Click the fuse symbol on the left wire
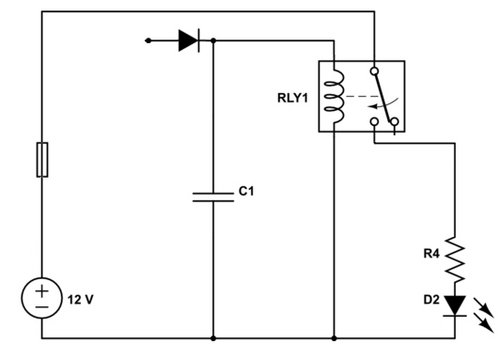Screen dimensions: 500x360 coord(42,159)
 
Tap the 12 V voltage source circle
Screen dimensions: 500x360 coord(42,298)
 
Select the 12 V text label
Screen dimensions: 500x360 coord(80,300)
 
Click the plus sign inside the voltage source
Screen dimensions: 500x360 coord(42,291)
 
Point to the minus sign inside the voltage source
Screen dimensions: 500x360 coord(42,307)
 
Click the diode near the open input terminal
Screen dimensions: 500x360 coord(189,41)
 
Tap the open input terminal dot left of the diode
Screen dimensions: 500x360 coord(149,41)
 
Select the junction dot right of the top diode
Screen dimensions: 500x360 coord(214,41)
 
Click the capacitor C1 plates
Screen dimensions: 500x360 coord(213,197)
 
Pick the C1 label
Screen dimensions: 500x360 coord(246,191)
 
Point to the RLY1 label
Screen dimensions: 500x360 coord(293,98)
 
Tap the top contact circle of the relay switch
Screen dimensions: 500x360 coord(374,71)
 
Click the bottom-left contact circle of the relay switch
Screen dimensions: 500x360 coord(374,122)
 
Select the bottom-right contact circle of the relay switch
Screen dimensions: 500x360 coord(395,122)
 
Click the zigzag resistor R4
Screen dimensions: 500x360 coord(455,260)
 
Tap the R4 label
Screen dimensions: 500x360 coord(431,254)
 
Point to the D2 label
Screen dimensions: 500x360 coord(431,300)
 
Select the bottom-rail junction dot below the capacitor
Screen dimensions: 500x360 coord(214,338)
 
